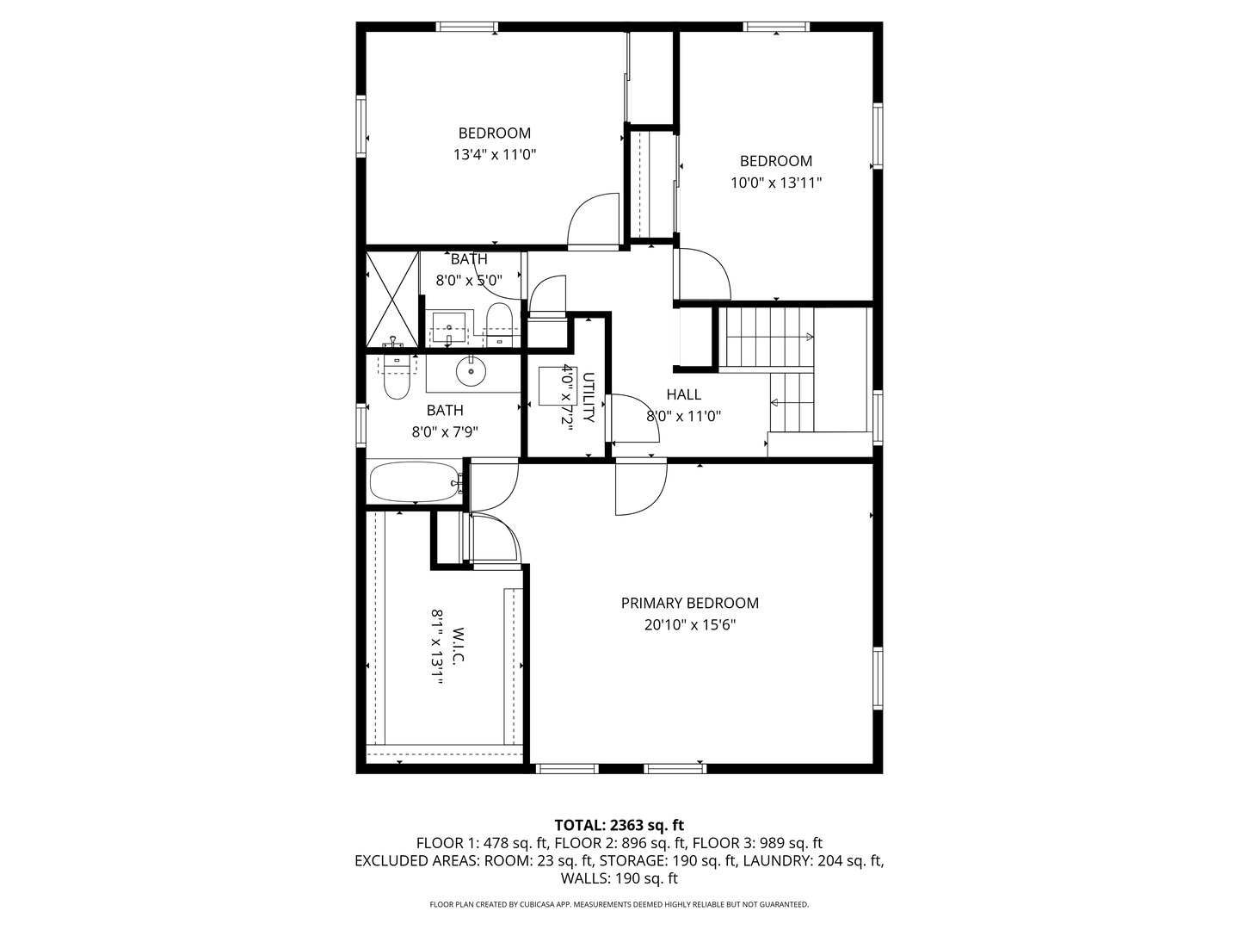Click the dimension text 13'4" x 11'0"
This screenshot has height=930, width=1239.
pos(495,155)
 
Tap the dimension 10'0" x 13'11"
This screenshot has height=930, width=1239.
pos(776,183)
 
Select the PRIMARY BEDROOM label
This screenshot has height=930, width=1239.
pos(690,603)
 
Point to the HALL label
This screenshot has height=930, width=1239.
pos(683,394)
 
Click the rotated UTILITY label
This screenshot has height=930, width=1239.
pos(589,397)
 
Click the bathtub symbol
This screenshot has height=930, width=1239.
pos(414,482)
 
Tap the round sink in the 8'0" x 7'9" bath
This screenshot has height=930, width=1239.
pos(471,372)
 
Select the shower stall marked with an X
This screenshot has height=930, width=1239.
pos(391,299)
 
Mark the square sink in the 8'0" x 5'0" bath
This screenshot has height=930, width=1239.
pos(448,327)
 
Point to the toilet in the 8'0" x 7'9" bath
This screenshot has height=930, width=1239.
pos(396,379)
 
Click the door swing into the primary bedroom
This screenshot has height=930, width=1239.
pos(638,487)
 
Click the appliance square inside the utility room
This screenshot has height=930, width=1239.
pos(552,387)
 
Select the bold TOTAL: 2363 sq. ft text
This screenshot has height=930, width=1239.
pos(619,826)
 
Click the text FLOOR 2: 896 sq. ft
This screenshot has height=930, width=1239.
pos(619,843)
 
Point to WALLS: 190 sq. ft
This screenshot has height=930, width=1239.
pos(619,878)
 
